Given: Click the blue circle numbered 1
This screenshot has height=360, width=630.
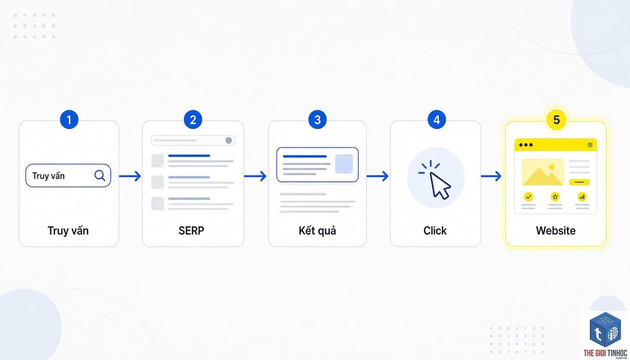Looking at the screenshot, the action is tap(69, 120).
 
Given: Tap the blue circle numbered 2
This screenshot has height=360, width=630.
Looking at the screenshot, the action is tap(193, 120).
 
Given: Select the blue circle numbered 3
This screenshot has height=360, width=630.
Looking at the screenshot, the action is tap(317, 120).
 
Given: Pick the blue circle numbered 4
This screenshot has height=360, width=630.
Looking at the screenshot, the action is tap(437, 120).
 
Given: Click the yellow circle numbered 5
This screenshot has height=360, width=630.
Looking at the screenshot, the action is tap(556, 120).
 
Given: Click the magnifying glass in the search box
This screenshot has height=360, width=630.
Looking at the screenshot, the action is tap(100, 176).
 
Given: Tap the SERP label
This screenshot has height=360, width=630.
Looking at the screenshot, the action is tap(191, 231).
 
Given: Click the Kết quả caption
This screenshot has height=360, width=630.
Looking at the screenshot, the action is tap(317, 231).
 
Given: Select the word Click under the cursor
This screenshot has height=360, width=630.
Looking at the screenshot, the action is tap(435, 231).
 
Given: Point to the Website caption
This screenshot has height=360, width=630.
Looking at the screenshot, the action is tap(556, 231).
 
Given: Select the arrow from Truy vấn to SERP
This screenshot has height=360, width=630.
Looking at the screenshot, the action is tap(130, 176).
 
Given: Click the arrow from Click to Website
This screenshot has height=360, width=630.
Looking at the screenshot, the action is tap(491, 176).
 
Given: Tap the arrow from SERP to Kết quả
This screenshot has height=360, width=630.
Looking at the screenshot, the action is tap(255, 176).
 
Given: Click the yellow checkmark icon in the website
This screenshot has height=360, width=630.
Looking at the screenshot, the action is tap(528, 197).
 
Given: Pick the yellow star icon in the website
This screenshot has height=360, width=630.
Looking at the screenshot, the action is tap(555, 197).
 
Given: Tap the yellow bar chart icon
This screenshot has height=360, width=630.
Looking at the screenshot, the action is tap(582, 197).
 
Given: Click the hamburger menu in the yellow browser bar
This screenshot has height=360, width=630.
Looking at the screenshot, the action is tap(590, 145).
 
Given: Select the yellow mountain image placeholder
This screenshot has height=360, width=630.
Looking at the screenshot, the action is tap(543, 172).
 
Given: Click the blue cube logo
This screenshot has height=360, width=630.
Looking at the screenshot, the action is tap(605, 330).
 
